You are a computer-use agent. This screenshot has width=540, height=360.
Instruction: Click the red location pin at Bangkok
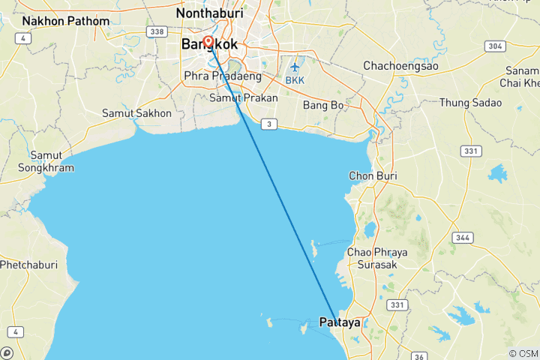[208, 43]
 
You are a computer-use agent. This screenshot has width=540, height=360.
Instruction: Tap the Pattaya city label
[340, 323]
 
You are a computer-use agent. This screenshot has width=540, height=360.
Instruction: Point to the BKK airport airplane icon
[294, 65]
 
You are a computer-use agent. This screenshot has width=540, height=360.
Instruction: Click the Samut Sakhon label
[136, 113]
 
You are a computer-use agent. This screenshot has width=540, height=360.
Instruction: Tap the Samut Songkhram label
[52, 161]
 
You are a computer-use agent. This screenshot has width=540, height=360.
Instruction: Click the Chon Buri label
[373, 175]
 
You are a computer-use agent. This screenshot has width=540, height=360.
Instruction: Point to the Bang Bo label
[323, 105]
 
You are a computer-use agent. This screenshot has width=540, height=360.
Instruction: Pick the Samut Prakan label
[244, 98]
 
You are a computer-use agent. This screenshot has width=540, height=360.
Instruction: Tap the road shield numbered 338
[157, 32]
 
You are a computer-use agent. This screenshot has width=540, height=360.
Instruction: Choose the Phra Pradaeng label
[223, 76]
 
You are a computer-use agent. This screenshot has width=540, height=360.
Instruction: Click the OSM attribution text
[523, 353]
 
